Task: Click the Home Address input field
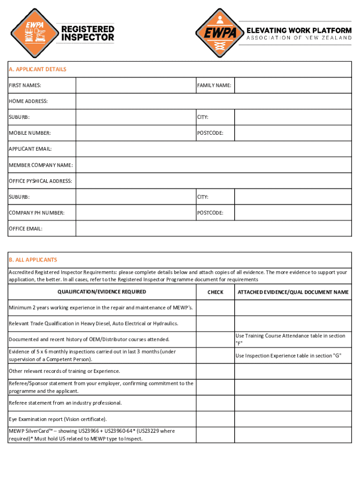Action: (x=214, y=101)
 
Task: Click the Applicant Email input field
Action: (x=214, y=149)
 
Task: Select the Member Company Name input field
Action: (x=214, y=165)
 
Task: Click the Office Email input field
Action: (x=214, y=229)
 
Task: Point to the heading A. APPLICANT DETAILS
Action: (x=38, y=69)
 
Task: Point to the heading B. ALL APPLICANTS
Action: (x=33, y=260)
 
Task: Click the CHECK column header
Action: (x=215, y=292)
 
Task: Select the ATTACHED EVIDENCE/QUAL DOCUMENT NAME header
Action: (x=293, y=292)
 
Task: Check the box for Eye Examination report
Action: (x=215, y=419)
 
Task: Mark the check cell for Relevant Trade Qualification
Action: (x=215, y=324)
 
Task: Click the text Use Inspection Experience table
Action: (x=288, y=356)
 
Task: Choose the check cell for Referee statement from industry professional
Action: (x=215, y=403)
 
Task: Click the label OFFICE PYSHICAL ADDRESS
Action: (x=41, y=181)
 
